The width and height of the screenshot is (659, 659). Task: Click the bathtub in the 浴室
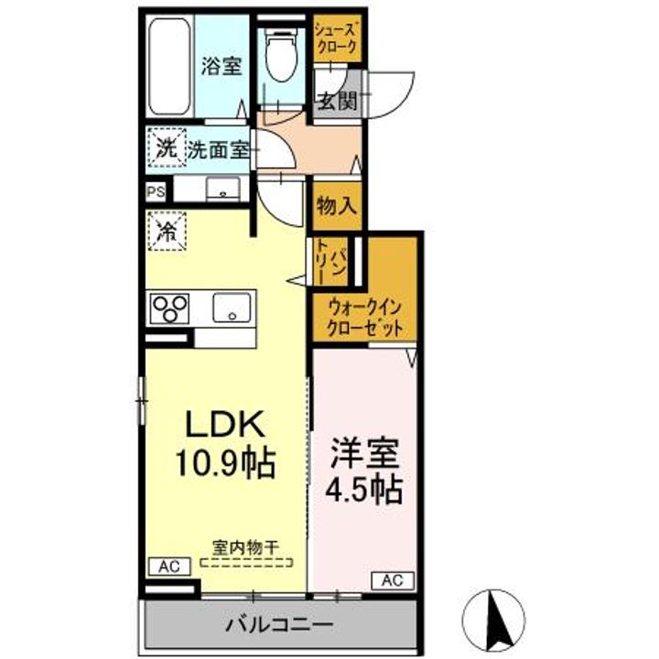pos(170,67)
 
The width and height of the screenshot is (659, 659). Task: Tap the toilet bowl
pos(281,56)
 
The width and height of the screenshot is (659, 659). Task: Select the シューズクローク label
pos(337,38)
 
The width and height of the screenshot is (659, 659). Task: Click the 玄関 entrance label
pos(337,101)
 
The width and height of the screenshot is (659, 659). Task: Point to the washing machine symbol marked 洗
pos(166,147)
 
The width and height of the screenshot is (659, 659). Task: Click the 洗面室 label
pos(219,149)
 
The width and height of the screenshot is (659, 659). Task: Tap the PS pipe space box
pos(156,192)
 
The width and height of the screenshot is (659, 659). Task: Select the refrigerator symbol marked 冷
pos(167,232)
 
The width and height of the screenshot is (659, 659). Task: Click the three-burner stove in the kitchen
pos(170,308)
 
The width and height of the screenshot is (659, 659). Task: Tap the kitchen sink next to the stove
pos(232,308)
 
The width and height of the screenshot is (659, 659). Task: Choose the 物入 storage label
pos(337,206)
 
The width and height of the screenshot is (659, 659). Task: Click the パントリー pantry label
pos(331,262)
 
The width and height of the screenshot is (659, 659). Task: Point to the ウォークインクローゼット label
pos(364,318)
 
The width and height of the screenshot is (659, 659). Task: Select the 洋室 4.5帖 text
pos(364,472)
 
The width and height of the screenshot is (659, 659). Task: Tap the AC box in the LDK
pos(170,567)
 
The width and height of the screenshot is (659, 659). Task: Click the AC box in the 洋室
pos(393,580)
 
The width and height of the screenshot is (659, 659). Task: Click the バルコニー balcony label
pos(279,624)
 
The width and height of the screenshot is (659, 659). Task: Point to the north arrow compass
pos(493,621)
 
